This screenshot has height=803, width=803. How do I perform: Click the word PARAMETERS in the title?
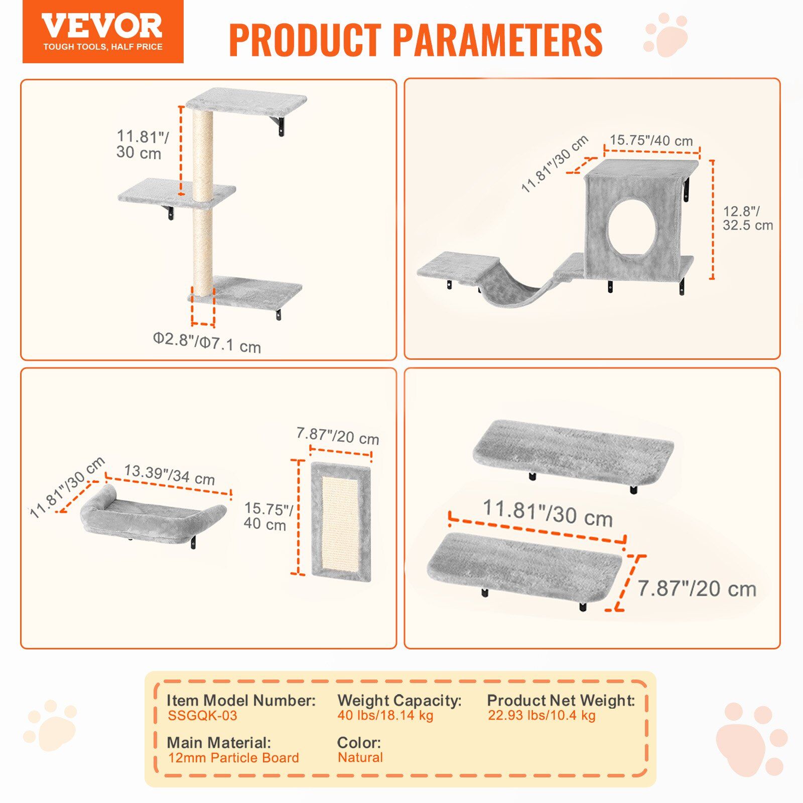click(x=498, y=40)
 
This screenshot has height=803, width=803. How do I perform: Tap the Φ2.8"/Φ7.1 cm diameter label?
click(x=207, y=343)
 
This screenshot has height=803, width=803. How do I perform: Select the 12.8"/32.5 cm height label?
click(x=747, y=218)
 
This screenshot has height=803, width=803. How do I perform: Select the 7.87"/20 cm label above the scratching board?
click(x=338, y=436)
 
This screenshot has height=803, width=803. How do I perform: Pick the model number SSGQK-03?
click(x=202, y=716)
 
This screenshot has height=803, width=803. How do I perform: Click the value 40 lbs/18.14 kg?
click(x=385, y=715)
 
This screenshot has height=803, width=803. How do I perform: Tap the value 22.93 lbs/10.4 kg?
click(x=542, y=715)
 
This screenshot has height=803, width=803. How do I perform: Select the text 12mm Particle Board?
click(x=233, y=758)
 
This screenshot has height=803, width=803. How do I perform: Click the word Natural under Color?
click(x=360, y=757)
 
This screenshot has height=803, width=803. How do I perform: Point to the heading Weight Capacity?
click(x=399, y=700)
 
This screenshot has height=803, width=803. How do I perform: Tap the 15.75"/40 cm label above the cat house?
click(x=651, y=140)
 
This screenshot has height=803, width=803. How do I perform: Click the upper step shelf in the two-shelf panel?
click(x=573, y=448)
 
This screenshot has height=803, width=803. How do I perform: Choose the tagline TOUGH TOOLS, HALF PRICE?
click(x=103, y=47)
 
